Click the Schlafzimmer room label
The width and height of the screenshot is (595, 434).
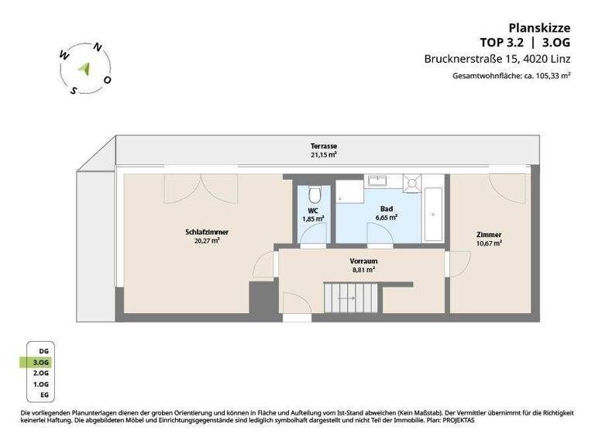[207, 231]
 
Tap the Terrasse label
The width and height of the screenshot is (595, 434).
[324, 146]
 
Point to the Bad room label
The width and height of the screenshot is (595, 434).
[386, 209]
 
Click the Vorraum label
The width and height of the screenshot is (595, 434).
[363, 261]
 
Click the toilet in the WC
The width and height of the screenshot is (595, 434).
[314, 193]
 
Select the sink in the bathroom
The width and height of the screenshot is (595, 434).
[378, 181]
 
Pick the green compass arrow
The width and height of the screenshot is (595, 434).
[85, 67]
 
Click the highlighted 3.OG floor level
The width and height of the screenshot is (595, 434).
[40, 362]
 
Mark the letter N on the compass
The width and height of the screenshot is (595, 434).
[98, 47]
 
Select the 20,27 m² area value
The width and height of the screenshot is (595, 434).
[207, 240]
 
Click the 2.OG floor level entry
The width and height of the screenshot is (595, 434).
[40, 373]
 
